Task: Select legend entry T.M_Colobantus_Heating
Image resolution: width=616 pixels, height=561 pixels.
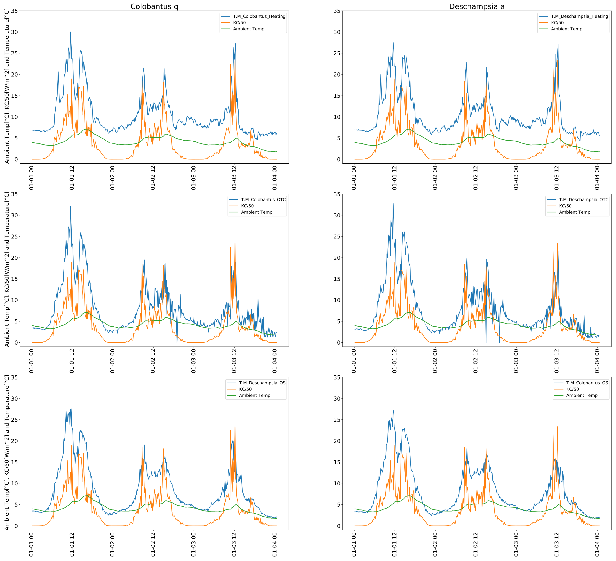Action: (x=259, y=16)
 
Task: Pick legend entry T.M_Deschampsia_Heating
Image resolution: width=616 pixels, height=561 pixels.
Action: (x=579, y=16)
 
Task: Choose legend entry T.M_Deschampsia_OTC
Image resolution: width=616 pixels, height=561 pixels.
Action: (x=584, y=199)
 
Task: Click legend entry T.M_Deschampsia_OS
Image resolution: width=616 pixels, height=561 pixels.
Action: (x=262, y=383)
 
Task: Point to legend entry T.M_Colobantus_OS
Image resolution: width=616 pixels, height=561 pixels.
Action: (x=587, y=383)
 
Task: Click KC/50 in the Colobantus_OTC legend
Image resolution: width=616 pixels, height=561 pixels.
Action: (x=247, y=206)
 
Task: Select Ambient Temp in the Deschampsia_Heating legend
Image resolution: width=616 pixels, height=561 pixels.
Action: (x=566, y=29)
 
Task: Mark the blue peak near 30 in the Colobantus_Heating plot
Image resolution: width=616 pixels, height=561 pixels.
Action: (x=71, y=32)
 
